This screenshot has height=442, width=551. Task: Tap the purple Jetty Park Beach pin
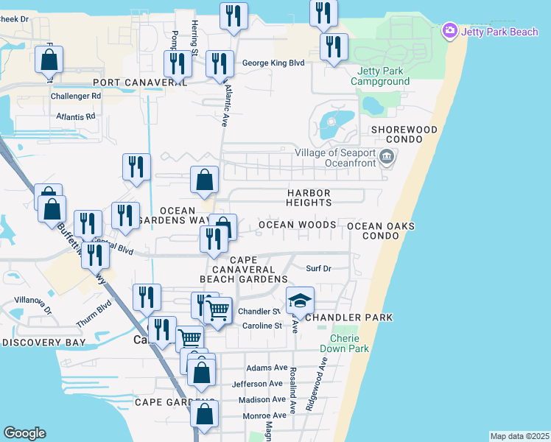pos(449,31)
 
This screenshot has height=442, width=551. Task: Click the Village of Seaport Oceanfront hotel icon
pos(387,157)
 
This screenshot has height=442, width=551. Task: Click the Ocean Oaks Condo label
pos(381,231)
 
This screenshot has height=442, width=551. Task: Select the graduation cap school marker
pos(300,300)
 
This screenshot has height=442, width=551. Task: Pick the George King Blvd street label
pos(273,63)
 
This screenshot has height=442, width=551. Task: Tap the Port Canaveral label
pos(140,83)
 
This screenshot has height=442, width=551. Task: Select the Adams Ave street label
pos(267,368)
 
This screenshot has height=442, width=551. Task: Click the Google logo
pos(24,433)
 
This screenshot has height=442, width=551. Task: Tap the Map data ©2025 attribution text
pos(519,436)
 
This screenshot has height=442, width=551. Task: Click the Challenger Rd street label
pos(76,97)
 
